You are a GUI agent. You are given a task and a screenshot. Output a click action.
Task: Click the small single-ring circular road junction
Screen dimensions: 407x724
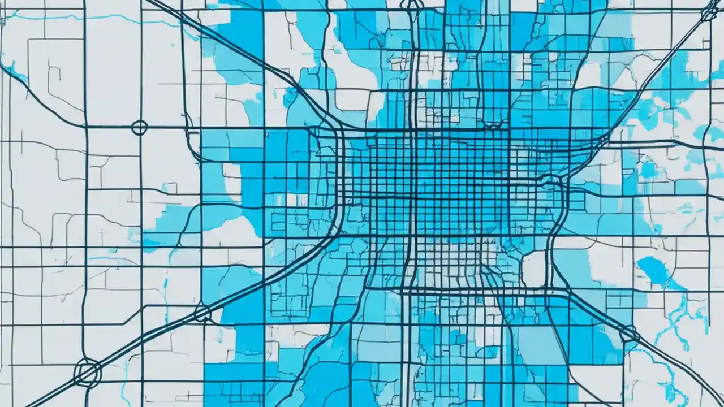pos(139,127)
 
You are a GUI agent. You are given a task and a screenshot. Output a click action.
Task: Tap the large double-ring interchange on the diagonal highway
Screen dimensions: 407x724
pos(87,371)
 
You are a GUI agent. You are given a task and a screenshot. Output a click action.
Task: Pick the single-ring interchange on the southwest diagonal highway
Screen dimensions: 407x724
pos(202,313)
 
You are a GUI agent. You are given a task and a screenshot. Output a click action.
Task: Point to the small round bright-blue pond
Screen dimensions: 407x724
pos(648,169)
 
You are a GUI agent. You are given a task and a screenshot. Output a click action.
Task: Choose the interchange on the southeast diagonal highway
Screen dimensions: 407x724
pos(629,334)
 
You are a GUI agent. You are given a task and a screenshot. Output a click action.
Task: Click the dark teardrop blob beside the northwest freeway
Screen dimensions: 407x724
pos(290,97)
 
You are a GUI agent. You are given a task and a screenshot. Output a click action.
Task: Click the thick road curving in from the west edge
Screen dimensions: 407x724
pos(34,96)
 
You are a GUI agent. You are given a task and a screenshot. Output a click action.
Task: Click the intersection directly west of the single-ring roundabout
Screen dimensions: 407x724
pos(85,127)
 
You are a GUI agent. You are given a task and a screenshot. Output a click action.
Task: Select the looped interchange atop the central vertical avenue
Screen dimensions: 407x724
pos(413,5)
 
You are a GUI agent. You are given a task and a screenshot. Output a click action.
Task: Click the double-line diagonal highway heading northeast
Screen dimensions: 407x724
pos(650,79)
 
